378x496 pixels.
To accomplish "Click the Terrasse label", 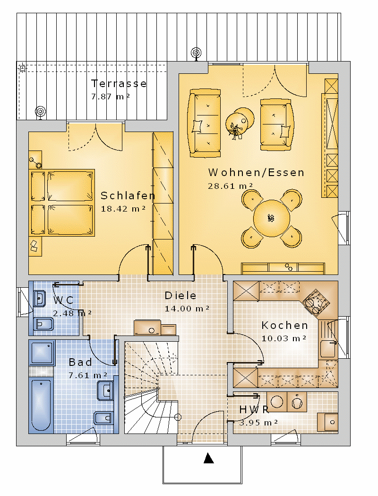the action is click(119, 83).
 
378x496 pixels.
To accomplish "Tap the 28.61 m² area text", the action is click(230, 186).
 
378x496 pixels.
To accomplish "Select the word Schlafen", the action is click(128, 196).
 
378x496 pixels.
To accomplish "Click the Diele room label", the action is click(180, 295).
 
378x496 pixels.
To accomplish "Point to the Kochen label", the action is click(284, 325).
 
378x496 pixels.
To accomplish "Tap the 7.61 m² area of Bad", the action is click(88, 375).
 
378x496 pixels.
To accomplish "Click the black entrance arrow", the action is click(208, 458).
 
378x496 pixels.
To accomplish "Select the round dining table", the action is click(271, 218).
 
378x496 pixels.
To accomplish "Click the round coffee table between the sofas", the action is click(240, 122).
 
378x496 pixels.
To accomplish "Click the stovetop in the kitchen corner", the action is click(316, 302).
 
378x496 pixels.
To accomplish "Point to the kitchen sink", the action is click(328, 348).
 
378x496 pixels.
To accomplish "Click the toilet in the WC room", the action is click(43, 324).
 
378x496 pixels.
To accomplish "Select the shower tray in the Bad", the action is click(42, 353).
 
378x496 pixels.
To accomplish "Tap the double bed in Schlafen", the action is click(62, 203).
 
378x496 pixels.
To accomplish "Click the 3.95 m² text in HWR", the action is click(258, 423).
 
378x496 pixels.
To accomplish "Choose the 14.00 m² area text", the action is click(187, 309).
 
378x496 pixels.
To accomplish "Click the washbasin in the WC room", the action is click(40, 298).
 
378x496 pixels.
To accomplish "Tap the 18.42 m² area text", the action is click(123, 209).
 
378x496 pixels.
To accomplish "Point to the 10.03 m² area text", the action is click(284, 338).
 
